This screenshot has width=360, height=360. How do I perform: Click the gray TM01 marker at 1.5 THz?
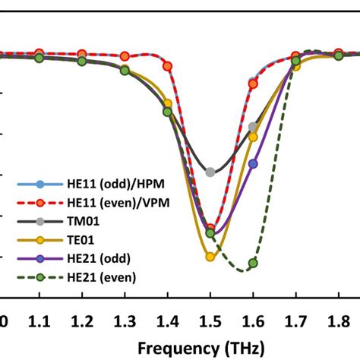[210, 172]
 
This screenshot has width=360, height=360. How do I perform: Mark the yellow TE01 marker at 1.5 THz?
[210, 257]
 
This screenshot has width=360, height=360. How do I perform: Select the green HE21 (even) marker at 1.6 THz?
[253, 263]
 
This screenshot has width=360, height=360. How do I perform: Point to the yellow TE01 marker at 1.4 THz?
[168, 103]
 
